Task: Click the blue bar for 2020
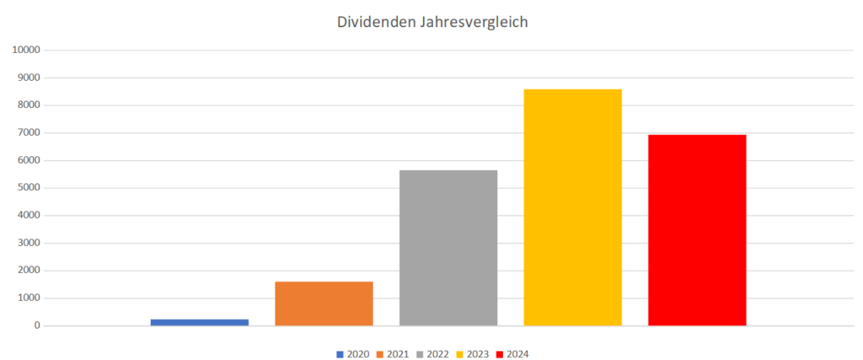point(200,322)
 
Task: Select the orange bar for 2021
point(324,303)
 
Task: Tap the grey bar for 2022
point(448,247)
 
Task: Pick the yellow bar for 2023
point(572,207)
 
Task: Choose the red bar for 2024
point(697,229)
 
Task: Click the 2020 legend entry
point(352,354)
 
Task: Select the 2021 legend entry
point(393,354)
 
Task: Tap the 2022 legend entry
point(432,354)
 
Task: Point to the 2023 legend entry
point(473,354)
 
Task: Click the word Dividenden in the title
point(373,23)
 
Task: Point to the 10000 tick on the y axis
point(26,51)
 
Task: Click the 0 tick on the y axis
point(37,326)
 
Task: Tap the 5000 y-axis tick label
point(29,188)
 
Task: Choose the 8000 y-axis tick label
point(29,105)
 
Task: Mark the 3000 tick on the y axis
point(29,244)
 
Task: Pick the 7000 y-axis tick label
point(29,133)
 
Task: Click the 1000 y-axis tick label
point(29,298)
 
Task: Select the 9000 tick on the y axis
point(29,78)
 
